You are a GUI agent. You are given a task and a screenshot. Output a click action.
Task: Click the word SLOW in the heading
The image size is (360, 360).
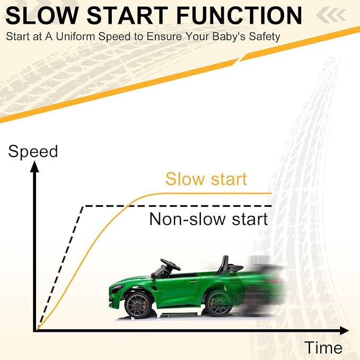click(42, 15)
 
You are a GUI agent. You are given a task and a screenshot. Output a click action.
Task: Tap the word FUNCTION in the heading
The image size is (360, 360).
click(239, 15)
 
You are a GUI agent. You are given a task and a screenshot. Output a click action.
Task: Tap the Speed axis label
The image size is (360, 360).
click(33, 152)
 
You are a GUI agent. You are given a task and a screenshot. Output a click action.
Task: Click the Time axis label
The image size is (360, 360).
click(323, 348)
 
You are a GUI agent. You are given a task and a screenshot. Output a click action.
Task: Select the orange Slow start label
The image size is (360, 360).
click(206, 179)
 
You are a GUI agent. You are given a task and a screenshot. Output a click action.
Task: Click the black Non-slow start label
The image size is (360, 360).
click(208, 219)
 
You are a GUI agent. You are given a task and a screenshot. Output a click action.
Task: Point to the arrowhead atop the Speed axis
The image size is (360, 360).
click(34, 166)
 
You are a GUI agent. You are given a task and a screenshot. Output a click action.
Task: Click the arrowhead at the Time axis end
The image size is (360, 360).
click(344, 330)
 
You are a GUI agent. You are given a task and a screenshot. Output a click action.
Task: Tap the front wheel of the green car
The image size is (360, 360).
click(138, 305)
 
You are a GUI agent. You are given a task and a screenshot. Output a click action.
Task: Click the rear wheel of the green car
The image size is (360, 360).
click(218, 303)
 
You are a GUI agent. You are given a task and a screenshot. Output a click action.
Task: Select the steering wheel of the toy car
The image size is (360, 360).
click(170, 265)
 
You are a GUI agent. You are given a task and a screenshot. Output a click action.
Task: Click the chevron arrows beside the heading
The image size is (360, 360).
click(331, 15)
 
